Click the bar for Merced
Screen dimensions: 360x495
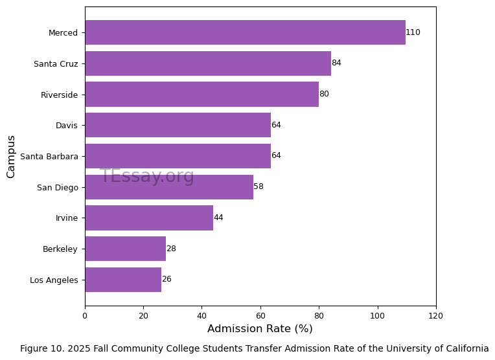coord(245,32)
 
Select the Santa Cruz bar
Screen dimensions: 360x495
coord(207,63)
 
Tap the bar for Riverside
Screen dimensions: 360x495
coord(201,95)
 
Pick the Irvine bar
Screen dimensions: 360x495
coord(149,218)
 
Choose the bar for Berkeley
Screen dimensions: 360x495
coord(125,249)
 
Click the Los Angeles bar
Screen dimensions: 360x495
coord(122,280)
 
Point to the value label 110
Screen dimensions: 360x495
coord(413,32)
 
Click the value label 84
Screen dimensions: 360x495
coord(336,63)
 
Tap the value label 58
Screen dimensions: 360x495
coord(259,186)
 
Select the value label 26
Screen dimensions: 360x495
coord(167,280)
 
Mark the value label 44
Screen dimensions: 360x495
coord(218,218)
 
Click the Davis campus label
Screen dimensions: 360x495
coord(67,125)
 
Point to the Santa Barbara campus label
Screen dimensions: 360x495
coord(49,156)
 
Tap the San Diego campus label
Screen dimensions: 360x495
coord(58,187)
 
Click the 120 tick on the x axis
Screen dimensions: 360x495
coord(435,315)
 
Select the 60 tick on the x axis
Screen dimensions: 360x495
coord(260,315)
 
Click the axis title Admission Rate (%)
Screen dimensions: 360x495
coord(260,329)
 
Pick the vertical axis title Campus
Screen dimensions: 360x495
coord(11,156)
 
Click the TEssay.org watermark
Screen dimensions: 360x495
coord(147,176)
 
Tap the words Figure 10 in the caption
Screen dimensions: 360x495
coord(41,348)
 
